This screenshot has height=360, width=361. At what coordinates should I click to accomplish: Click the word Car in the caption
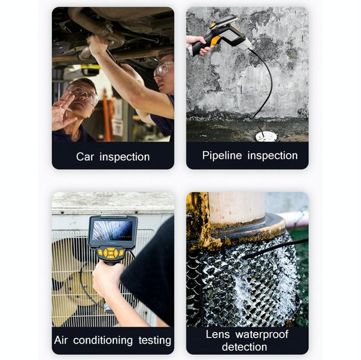86,156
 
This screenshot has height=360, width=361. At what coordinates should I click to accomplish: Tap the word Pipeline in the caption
221,155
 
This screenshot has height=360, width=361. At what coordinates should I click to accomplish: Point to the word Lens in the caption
218,334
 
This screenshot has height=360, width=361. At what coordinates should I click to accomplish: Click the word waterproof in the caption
262,334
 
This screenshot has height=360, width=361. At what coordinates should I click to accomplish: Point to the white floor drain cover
266,136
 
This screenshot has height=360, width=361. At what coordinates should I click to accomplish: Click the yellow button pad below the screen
113,253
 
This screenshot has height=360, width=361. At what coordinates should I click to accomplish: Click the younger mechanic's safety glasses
164,68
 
